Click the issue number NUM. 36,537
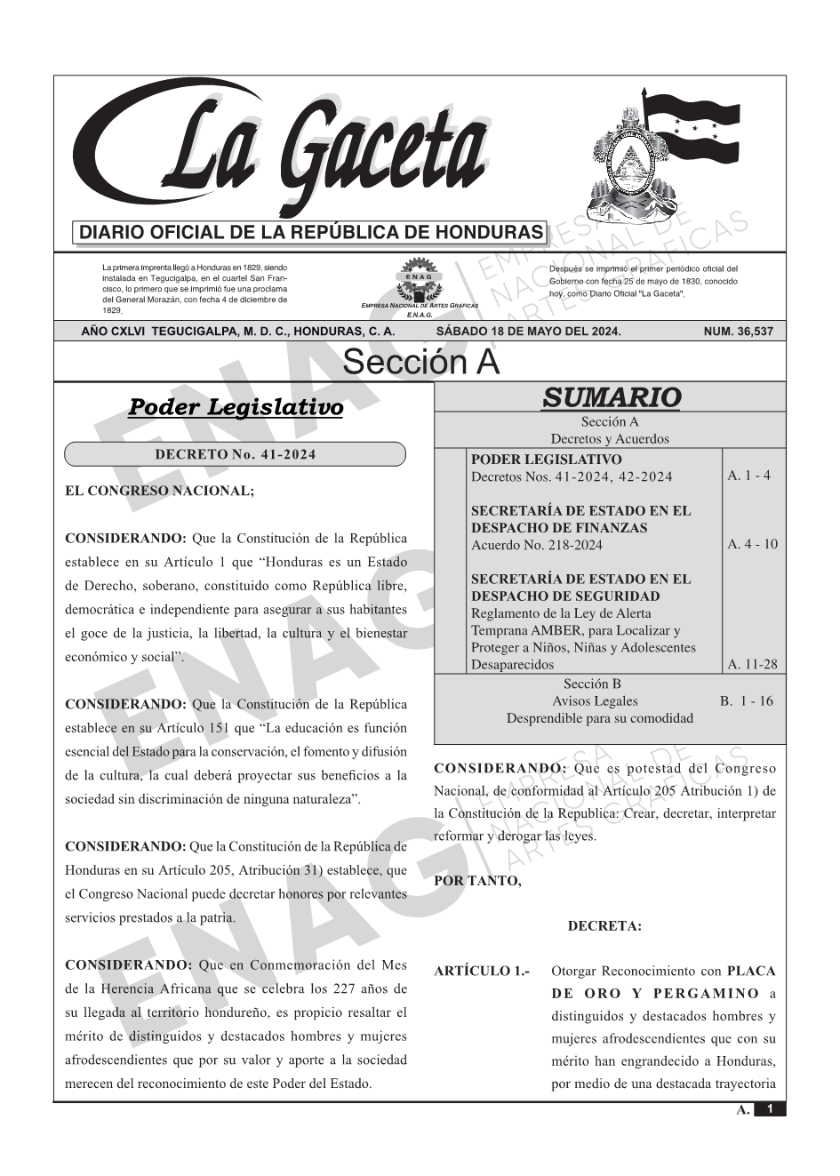738,332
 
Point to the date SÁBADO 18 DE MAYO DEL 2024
528,332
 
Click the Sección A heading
420,363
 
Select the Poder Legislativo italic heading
236,408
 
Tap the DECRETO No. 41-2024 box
235,454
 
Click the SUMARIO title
611,397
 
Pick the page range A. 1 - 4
748,476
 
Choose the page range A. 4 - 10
752,544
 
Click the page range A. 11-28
752,664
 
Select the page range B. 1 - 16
746,700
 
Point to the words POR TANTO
477,881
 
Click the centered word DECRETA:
604,926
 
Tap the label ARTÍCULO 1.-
482,971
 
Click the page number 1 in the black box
770,1109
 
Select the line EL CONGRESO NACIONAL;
160,491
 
